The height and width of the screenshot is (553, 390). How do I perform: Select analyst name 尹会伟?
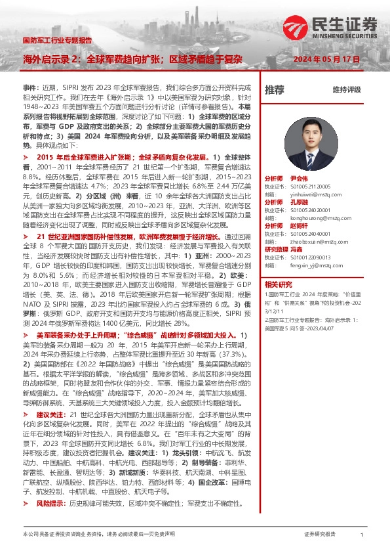click(299, 179)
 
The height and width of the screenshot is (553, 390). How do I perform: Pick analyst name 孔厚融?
click(299, 202)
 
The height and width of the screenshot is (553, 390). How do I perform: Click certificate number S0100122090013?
click(312, 257)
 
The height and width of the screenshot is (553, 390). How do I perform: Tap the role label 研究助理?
click(275, 250)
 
